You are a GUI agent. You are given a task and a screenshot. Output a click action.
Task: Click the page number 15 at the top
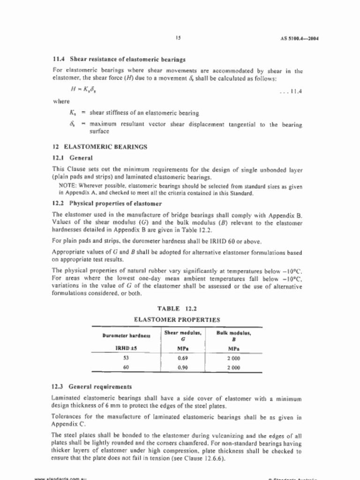pos(179,38)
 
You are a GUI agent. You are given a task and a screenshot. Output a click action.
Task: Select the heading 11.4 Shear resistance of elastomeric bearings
pos(119,60)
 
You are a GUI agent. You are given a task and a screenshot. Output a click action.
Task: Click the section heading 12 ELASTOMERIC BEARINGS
pos(100,147)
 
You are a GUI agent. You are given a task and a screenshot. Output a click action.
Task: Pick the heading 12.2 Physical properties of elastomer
pos(107,203)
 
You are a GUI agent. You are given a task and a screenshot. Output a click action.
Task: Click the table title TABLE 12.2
pos(177,308)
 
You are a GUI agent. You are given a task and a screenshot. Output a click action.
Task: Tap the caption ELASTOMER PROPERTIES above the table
pos(177,320)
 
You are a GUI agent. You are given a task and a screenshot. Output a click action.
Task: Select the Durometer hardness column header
pos(126,336)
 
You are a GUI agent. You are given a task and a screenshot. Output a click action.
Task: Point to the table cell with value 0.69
pos(183,358)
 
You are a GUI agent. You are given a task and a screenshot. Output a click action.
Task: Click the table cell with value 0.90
pos(183,368)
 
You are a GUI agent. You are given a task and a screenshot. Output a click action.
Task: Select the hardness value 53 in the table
pos(126,358)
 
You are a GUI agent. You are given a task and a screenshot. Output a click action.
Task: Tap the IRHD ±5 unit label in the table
pos(126,348)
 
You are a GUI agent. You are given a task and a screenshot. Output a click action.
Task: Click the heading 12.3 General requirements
pos(92,387)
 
